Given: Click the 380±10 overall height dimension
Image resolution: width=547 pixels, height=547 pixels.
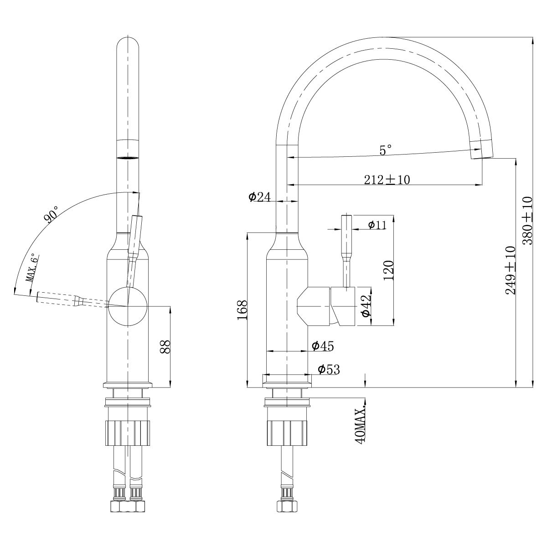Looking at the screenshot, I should point(527,221).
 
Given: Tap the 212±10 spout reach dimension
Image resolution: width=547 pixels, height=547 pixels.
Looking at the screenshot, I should point(387,180).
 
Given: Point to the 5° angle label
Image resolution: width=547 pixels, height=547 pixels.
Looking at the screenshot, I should point(386,150).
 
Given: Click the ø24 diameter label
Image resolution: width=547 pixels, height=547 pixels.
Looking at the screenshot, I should point(259,197).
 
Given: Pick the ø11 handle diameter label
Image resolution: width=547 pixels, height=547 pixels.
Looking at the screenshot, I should point(377,224).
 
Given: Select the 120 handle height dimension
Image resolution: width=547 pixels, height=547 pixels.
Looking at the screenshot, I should point(388,270).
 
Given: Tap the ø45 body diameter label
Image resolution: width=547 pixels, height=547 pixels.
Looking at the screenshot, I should point(323,346).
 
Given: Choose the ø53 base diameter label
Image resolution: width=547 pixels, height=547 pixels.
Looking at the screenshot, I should point(329,369).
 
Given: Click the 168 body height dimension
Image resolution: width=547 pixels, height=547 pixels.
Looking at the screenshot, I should point(242,310).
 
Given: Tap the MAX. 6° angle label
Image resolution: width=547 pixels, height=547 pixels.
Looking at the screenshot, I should point(32,269).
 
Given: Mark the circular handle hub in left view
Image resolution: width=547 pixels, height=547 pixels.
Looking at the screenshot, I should point(128,306).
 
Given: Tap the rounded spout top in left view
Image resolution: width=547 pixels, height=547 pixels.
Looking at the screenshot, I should point(128,46).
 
